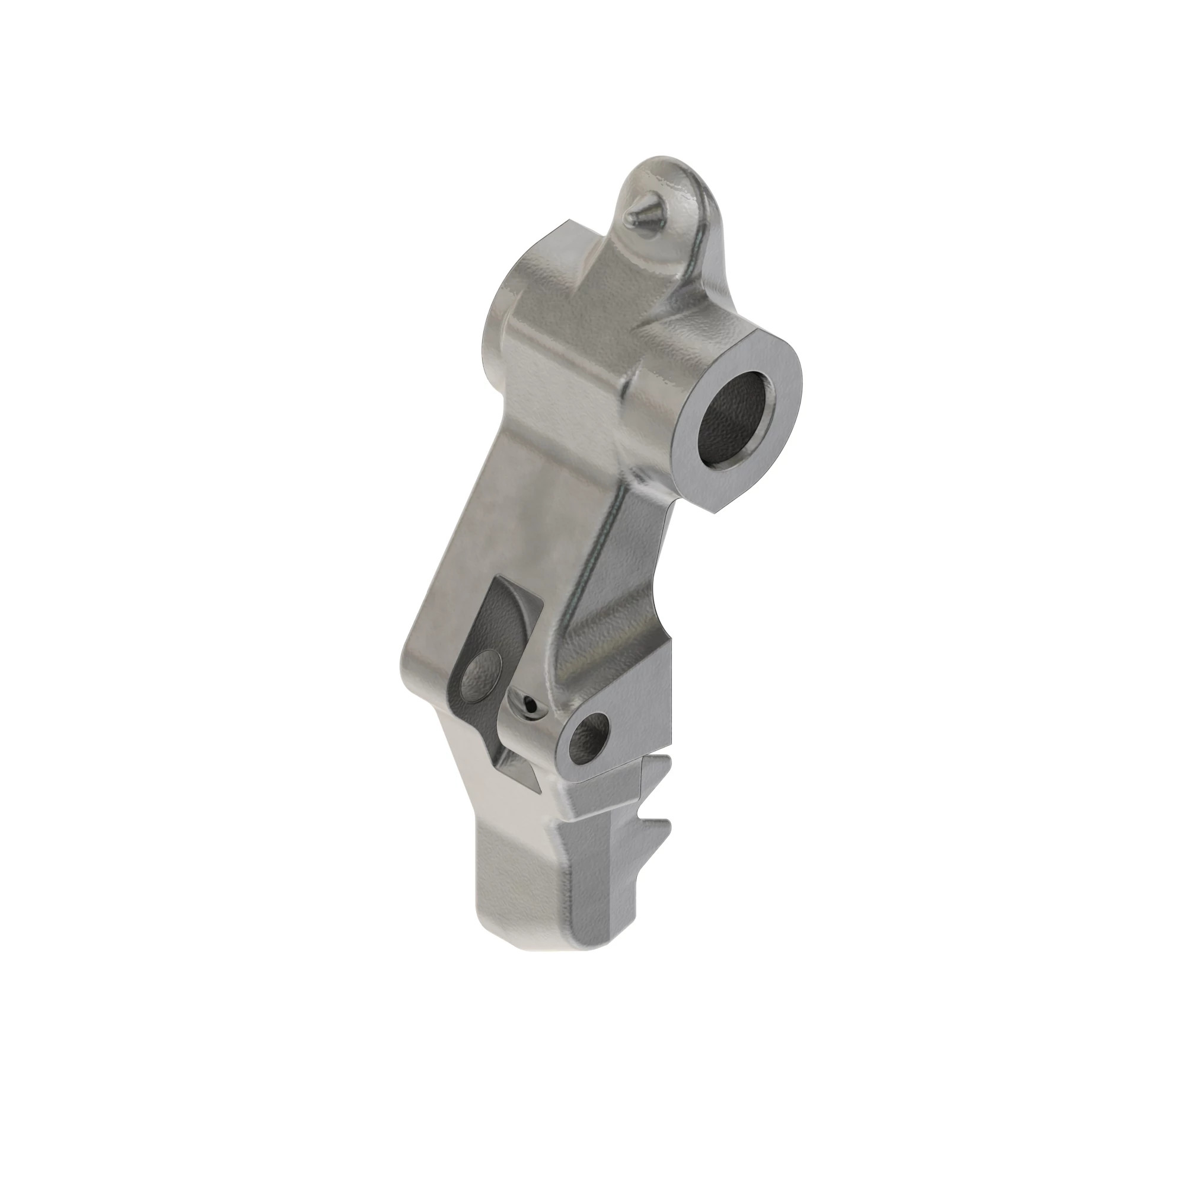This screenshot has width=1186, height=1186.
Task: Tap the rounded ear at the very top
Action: pyautogui.click(x=669, y=178)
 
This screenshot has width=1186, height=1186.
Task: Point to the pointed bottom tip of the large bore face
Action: pyautogui.click(x=715, y=511)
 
